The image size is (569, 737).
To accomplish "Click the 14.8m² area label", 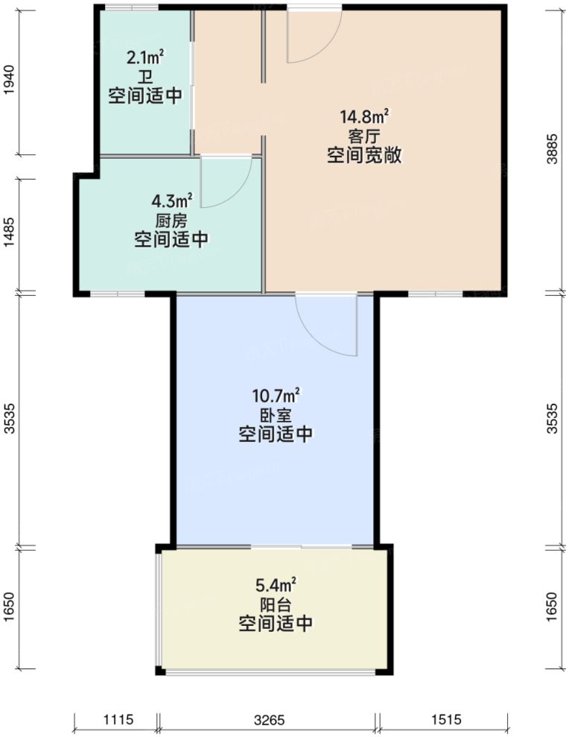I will point(364,117).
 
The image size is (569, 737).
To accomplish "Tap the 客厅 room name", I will point(364,136).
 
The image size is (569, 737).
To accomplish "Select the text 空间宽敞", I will point(364,156).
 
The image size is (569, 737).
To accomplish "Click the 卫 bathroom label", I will point(144,76).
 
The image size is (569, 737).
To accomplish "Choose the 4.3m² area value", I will point(171,200).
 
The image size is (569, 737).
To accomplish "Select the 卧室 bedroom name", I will point(275,414).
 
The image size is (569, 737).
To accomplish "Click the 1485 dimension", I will point(9,235).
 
